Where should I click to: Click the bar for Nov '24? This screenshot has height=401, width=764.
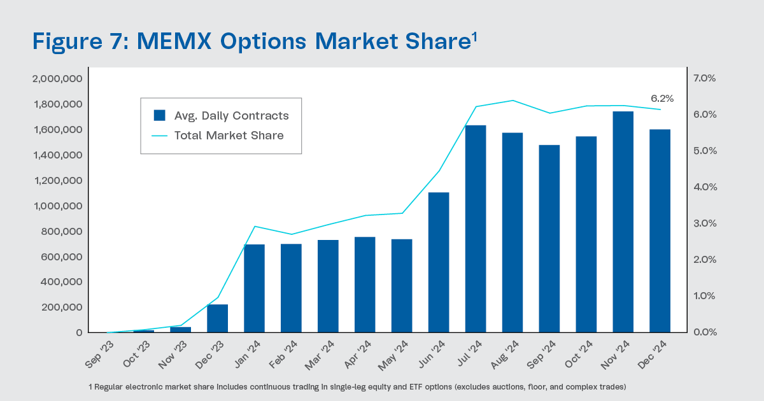tap(623, 222)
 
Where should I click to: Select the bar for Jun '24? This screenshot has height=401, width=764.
tap(439, 262)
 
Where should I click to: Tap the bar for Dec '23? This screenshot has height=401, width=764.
tap(217, 318)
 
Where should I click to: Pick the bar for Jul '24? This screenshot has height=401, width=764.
tap(476, 229)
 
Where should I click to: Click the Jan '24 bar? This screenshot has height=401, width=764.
tap(254, 288)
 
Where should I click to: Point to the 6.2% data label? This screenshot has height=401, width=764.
tap(661, 99)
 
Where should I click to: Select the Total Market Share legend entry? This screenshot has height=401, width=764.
tap(221, 135)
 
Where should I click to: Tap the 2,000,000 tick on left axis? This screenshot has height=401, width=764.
tap(57, 79)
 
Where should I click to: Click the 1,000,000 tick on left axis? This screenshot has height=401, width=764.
tap(57, 206)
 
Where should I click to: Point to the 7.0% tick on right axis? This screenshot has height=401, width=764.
tap(705, 78)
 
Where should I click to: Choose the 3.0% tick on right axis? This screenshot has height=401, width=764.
tap(705, 223)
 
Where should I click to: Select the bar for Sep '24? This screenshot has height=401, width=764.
tap(549, 239)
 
